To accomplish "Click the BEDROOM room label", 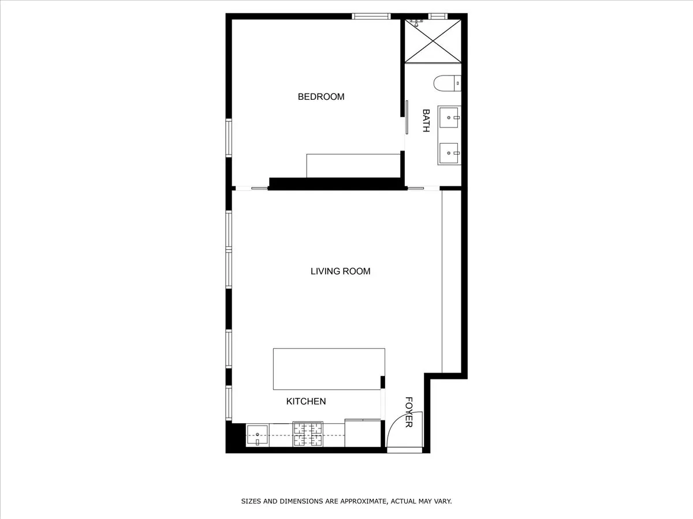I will (x=321, y=97).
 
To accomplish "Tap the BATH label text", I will (x=426, y=121).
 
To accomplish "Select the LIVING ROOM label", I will (x=340, y=271).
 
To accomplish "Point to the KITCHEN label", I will (x=306, y=401).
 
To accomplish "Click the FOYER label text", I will (x=409, y=412).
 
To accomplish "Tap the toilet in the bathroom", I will (x=448, y=84).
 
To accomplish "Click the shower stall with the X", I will (x=433, y=40).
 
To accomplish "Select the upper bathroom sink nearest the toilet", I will (x=449, y=117).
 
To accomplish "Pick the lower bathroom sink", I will (x=449, y=153).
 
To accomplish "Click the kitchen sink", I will (x=257, y=435).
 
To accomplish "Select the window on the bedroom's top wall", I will (x=372, y=16).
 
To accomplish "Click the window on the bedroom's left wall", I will (x=229, y=137).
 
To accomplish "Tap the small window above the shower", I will (x=437, y=16).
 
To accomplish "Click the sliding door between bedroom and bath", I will (x=407, y=118).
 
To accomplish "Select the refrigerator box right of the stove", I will (x=363, y=433).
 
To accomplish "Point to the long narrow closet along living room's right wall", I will (x=451, y=281).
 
